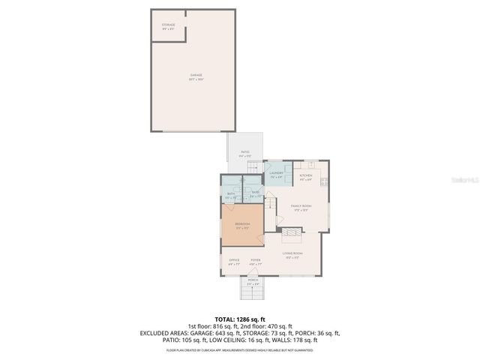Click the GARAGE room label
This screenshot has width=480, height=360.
(196, 76)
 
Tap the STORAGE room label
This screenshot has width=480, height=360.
(168, 26)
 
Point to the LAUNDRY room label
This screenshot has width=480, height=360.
(276, 175)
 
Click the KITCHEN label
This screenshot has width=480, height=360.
(306, 177)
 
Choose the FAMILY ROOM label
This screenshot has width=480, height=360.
(301, 207)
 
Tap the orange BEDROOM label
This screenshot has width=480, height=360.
(242, 226)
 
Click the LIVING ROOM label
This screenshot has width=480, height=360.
(292, 255)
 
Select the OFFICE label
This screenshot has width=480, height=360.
(234, 262)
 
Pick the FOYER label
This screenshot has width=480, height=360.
(255, 262)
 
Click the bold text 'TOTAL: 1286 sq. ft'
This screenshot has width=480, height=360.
(240, 319)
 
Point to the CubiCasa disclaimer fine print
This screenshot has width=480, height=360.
(240, 349)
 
